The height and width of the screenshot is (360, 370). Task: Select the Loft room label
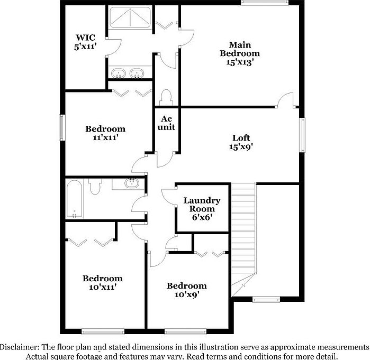241,138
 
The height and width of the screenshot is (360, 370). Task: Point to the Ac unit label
167,123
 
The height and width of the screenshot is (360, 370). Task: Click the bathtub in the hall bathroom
74,199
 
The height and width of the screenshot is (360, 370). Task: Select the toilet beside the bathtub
95,187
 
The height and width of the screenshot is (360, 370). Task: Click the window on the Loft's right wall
303,135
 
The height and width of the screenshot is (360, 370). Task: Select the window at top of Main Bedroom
260,4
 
